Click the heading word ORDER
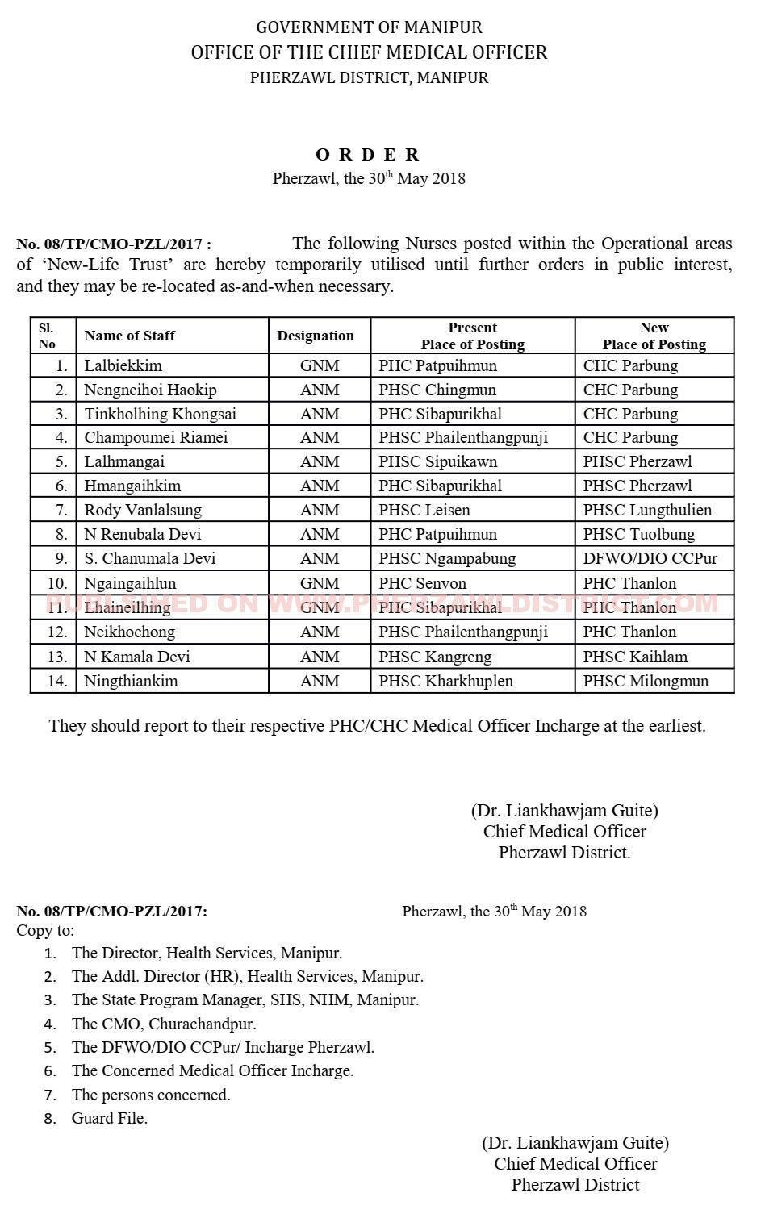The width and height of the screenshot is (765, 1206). point(368,155)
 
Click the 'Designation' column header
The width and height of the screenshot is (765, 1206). point(315,336)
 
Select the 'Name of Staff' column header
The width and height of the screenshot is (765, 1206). point(129,336)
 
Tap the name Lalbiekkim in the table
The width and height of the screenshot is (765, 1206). point(123,365)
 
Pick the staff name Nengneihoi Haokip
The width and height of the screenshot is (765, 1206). point(150,390)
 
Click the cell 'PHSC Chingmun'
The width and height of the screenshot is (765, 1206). point(437,390)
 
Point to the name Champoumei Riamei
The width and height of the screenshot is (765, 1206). point(156,437)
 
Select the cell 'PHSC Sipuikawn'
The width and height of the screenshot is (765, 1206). point(437,461)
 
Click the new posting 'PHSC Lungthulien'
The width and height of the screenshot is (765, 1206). point(647,510)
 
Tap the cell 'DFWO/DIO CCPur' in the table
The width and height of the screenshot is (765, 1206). point(650,558)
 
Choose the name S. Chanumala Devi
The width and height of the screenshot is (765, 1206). point(150,558)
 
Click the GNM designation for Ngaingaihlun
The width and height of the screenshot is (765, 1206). point(320,583)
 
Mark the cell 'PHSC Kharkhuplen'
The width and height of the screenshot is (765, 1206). point(445,681)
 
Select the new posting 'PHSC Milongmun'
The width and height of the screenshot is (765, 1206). point(646,681)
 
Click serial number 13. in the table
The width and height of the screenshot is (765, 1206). point(56,657)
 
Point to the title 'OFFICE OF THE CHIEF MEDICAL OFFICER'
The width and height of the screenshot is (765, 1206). point(369,53)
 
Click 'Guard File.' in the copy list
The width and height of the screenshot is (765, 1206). point(110,1118)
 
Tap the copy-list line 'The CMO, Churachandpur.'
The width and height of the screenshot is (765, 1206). point(164,1024)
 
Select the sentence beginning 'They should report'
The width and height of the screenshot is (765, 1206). point(377,725)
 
